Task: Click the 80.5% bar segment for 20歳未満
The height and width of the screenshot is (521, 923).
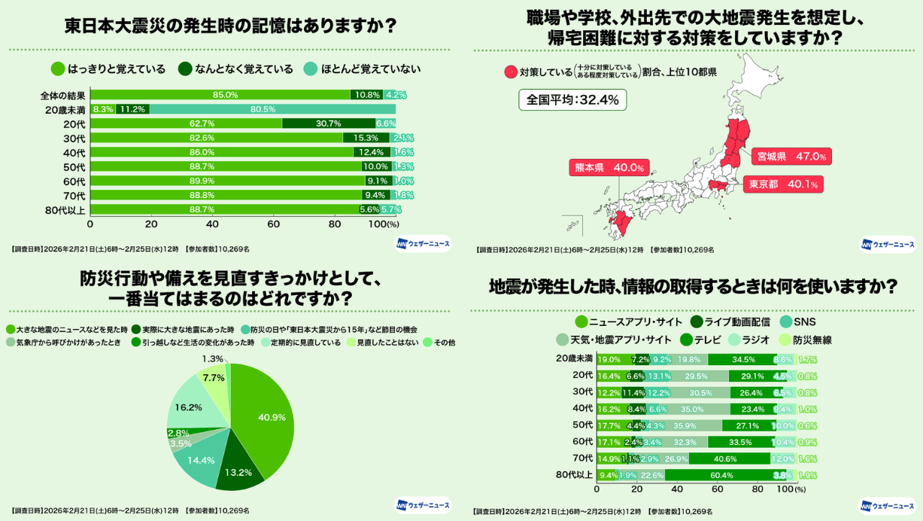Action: click(272, 109)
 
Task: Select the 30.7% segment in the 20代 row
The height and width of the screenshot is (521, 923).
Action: click(328, 123)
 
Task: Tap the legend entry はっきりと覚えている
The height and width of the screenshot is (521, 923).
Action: click(108, 69)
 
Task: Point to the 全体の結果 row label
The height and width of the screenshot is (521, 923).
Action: click(63, 96)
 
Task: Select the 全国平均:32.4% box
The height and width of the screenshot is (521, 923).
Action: click(572, 100)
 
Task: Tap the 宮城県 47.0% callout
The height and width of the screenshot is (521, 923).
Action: click(791, 157)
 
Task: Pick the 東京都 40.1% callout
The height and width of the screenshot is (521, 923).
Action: click(782, 184)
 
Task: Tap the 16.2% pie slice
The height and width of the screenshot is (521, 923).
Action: click(192, 407)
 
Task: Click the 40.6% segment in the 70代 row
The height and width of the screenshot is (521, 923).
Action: click(729, 459)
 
